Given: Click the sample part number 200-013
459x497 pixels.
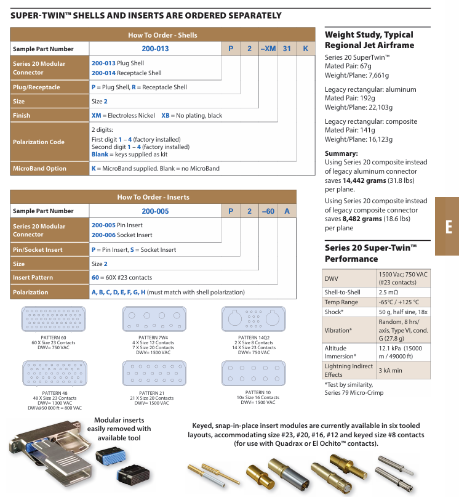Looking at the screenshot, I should point(155,49).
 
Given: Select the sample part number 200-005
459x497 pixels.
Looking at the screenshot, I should point(155,211).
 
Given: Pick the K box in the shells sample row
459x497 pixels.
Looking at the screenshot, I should point(305,49).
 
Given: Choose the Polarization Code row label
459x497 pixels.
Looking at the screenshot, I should point(39,142).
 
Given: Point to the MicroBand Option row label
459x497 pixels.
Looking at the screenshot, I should point(39,168).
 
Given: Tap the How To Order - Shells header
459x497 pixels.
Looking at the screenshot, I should point(162,35).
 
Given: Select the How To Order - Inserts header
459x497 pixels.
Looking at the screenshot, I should point(153,197).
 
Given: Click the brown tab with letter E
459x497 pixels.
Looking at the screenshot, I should point(447,226).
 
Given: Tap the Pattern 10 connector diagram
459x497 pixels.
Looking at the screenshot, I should point(253,373).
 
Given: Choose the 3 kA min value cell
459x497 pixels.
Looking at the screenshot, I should point(390,370).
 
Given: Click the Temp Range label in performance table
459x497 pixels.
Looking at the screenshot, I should point(341,302).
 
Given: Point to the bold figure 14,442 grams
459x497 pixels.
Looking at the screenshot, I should point(345,180).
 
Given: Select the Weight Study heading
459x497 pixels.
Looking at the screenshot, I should point(369,40).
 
